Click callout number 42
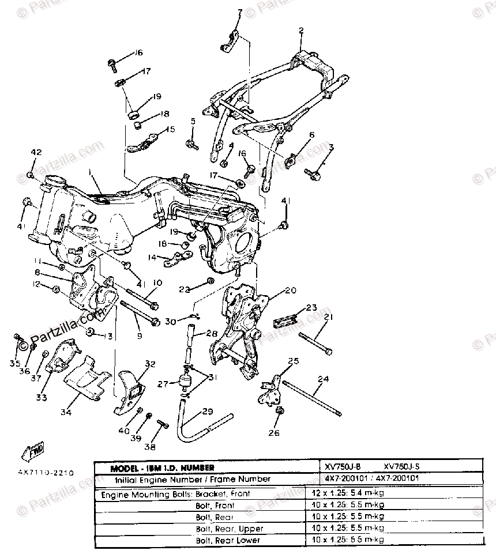[x=36, y=153]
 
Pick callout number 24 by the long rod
[x=322, y=379]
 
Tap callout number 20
[x=290, y=291]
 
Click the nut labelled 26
[x=280, y=410]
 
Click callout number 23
[x=311, y=307]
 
